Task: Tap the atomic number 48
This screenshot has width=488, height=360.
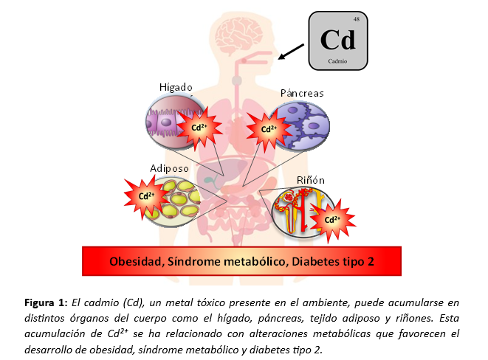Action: (x=357, y=18)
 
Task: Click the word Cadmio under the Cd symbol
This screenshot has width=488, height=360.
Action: (x=337, y=60)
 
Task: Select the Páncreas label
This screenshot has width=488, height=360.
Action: (x=301, y=94)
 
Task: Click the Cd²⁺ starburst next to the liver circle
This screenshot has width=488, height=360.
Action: (x=199, y=127)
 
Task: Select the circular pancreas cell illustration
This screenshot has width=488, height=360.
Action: (x=299, y=125)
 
